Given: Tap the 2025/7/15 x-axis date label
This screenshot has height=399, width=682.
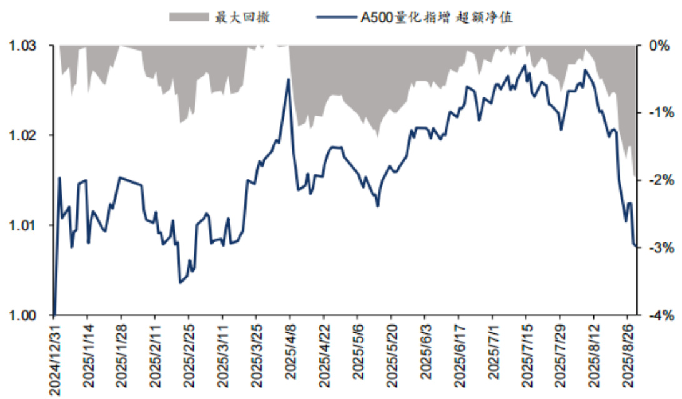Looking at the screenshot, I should click(x=526, y=357).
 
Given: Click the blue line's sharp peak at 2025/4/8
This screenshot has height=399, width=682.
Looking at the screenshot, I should click(x=289, y=79).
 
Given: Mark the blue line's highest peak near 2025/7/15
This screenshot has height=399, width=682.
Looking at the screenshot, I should click(x=525, y=65).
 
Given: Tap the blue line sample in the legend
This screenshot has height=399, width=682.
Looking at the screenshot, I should click(x=335, y=17).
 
